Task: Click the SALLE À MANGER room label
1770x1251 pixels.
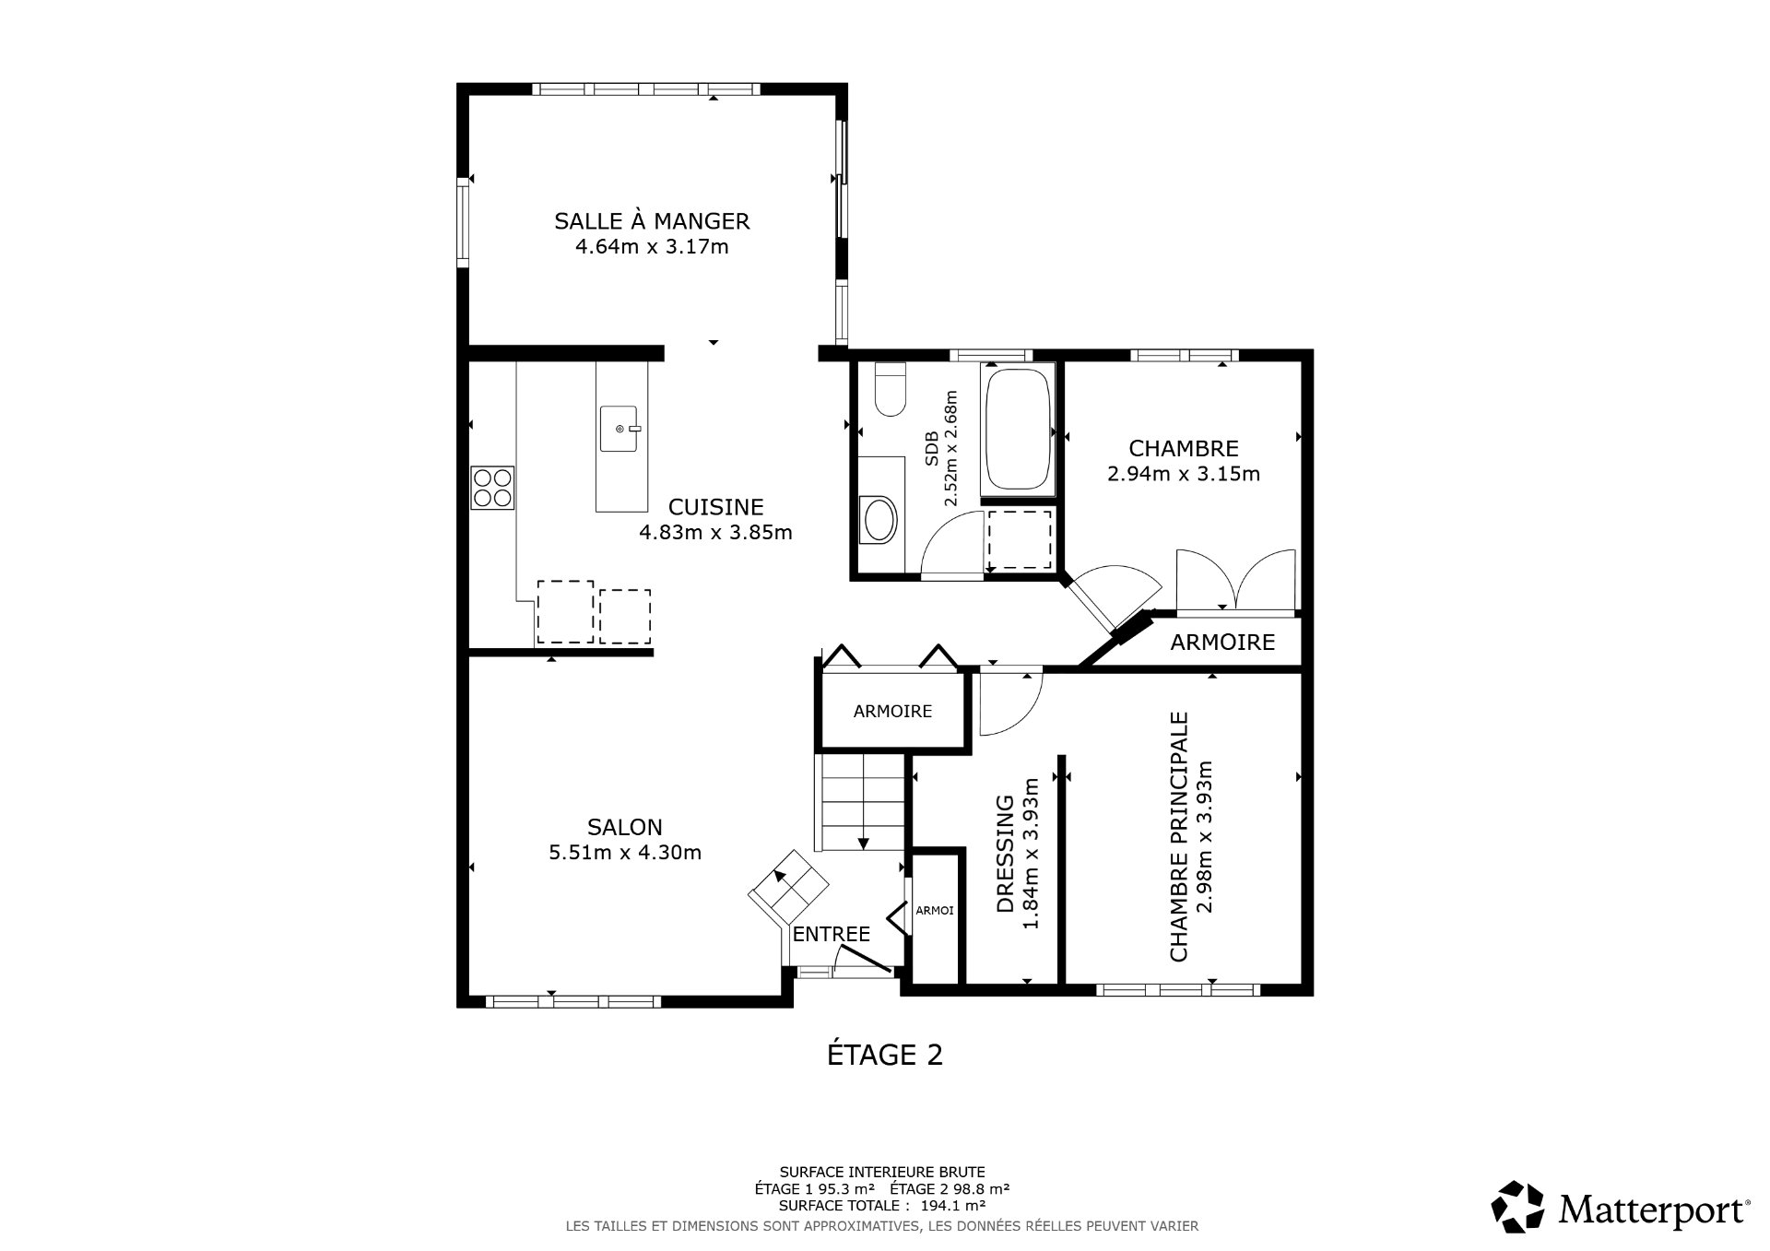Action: [x=652, y=221]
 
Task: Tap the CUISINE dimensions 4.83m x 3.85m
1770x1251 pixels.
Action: [x=715, y=532]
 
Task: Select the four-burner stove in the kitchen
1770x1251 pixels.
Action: [x=491, y=488]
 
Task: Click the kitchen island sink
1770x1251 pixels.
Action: [x=619, y=429]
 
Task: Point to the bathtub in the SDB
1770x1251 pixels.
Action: [x=1019, y=429]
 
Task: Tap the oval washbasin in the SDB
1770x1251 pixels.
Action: [x=877, y=521]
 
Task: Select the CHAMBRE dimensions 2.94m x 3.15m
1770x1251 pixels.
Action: [x=1183, y=474]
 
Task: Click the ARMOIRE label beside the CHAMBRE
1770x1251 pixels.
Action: [x=1222, y=643]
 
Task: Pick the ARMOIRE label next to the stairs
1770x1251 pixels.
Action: [x=892, y=711]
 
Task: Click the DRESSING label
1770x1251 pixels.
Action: [x=1006, y=853]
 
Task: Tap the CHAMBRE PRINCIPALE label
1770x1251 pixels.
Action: [x=1178, y=836]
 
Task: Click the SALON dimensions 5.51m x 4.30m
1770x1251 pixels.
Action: [x=625, y=853]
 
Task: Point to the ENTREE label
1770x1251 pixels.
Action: [x=832, y=934]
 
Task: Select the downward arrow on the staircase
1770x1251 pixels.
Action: [x=863, y=841]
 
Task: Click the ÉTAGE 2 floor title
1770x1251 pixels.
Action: [x=884, y=1055]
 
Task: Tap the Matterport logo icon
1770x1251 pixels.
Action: [x=1516, y=1206]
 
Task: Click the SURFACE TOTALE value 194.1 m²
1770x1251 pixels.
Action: [x=952, y=1205]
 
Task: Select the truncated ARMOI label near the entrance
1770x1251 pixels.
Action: [x=935, y=910]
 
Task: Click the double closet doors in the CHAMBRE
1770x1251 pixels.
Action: [x=1235, y=581]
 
